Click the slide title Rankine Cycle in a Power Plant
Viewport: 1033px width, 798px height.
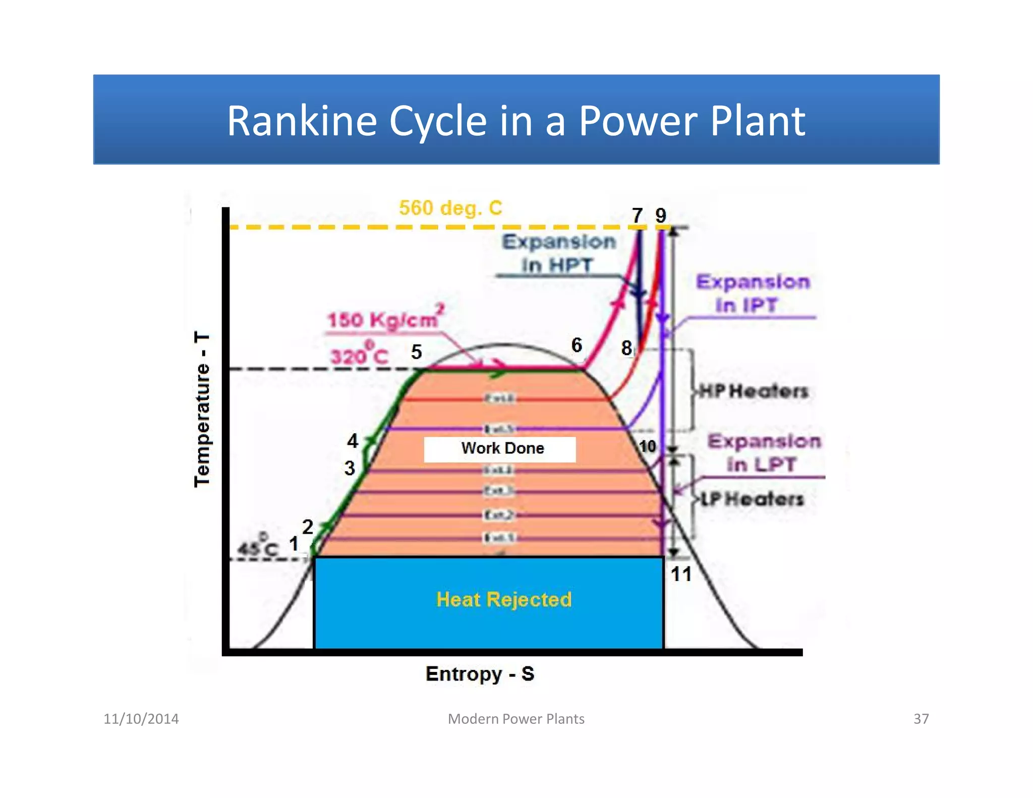point(515,121)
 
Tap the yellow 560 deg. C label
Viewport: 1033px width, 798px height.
point(450,208)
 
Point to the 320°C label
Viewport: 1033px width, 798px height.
point(359,355)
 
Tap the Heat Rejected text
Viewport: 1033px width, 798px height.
point(503,599)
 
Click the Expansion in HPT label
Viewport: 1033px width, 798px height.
point(558,253)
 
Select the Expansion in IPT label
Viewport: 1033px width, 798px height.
point(752,293)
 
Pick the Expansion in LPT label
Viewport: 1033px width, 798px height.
point(764,452)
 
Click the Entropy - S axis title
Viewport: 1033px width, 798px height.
point(479,674)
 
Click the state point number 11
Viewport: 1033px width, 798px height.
point(680,574)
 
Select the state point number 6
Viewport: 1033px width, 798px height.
point(577,345)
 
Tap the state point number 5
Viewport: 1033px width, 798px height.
point(416,352)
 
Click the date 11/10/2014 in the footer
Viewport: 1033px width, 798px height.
point(141,719)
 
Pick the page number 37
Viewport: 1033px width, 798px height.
point(921,719)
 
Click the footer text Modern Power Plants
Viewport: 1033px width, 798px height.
point(516,719)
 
